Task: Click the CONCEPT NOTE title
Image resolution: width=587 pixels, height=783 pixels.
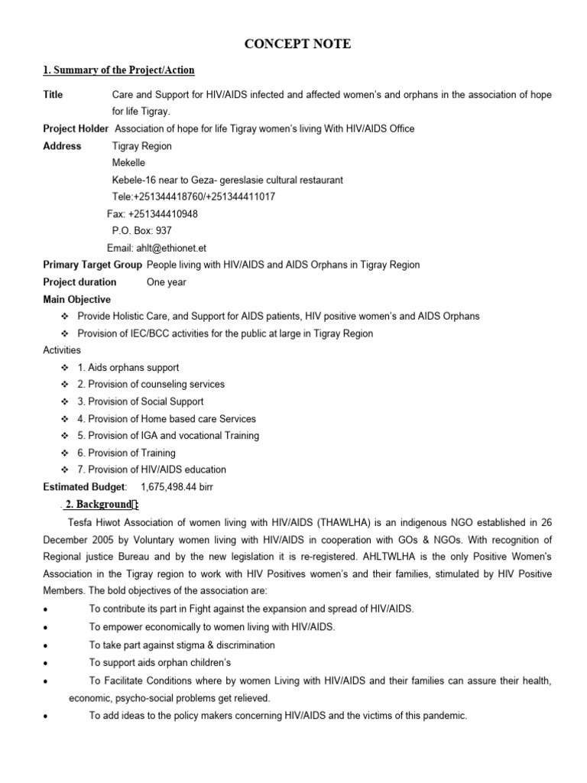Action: (297, 44)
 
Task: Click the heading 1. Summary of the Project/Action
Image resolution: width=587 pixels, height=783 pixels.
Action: (118, 70)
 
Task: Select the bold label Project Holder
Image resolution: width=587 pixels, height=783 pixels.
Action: (76, 129)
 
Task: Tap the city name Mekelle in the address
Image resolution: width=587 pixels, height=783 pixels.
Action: (128, 163)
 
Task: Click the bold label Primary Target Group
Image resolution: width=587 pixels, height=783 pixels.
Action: (92, 265)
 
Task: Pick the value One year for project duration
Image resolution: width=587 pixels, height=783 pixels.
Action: (166, 282)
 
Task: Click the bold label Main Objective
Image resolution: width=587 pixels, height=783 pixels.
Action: (76, 299)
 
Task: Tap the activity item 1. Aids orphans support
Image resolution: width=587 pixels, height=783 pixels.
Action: (128, 368)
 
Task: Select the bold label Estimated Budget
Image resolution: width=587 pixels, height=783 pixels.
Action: (85, 487)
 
